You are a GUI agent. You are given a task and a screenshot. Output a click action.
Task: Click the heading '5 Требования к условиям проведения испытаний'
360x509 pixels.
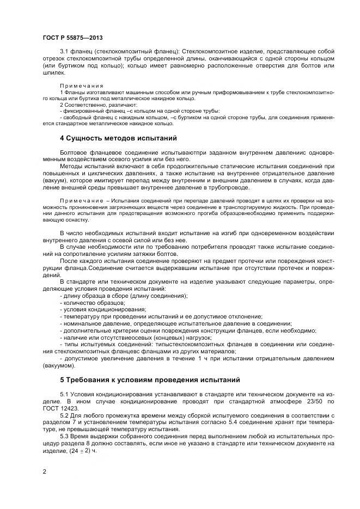click(x=149, y=379)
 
